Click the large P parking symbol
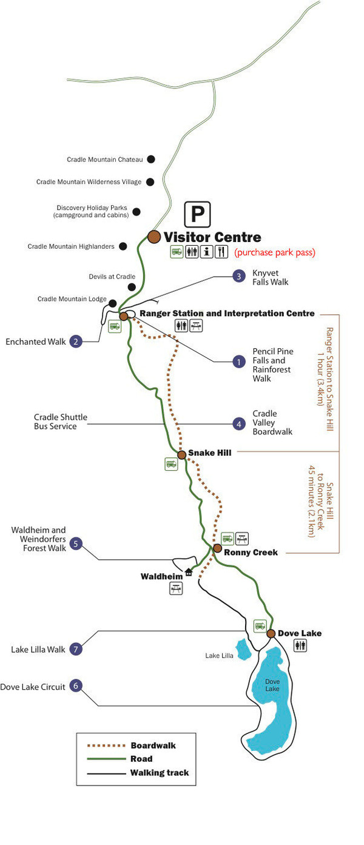pyautogui.click(x=197, y=214)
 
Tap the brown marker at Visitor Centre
pyautogui.click(x=153, y=237)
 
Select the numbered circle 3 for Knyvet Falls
pyautogui.click(x=240, y=277)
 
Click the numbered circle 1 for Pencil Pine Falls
pyautogui.click(x=240, y=362)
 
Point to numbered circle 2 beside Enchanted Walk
pyautogui.click(x=76, y=342)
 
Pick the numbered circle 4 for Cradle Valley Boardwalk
pyautogui.click(x=240, y=424)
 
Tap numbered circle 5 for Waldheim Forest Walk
pyautogui.click(x=76, y=543)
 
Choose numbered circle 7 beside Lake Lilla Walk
pyautogui.click(x=76, y=649)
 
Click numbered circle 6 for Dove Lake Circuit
pyautogui.click(x=76, y=686)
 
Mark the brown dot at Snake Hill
pyautogui.click(x=181, y=454)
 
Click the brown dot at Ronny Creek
pyautogui.click(x=217, y=548)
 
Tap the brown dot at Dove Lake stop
pyautogui.click(x=271, y=634)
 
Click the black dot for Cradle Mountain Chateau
pyautogui.click(x=151, y=159)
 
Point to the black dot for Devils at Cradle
pyautogui.click(x=132, y=286)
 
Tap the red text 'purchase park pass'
pyautogui.click(x=275, y=252)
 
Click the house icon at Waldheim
pyautogui.click(x=189, y=572)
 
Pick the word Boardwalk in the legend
pyautogui.click(x=153, y=746)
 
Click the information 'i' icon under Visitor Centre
pyautogui.click(x=206, y=252)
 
